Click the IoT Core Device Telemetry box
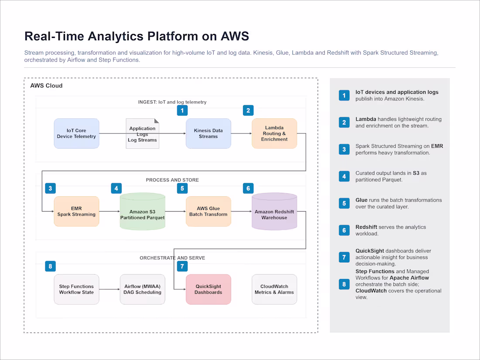(x=76, y=134)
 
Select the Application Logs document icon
(x=142, y=134)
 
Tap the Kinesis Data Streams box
(x=209, y=134)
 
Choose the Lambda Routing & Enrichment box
(x=274, y=134)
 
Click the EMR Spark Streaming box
(x=76, y=212)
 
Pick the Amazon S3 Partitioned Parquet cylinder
(x=142, y=212)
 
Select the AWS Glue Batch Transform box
(x=209, y=212)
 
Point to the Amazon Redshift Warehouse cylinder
(x=274, y=212)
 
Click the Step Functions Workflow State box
(x=76, y=289)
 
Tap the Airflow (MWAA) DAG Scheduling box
(x=142, y=289)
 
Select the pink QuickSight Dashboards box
(x=209, y=289)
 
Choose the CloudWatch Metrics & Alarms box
(x=274, y=289)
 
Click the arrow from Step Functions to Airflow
(x=110, y=289)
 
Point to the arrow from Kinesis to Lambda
(x=242, y=134)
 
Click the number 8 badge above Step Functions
(x=51, y=266)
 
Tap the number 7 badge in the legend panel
(x=344, y=257)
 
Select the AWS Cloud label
(x=46, y=86)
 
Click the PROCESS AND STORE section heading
(x=172, y=180)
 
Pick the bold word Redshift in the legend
(x=366, y=227)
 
